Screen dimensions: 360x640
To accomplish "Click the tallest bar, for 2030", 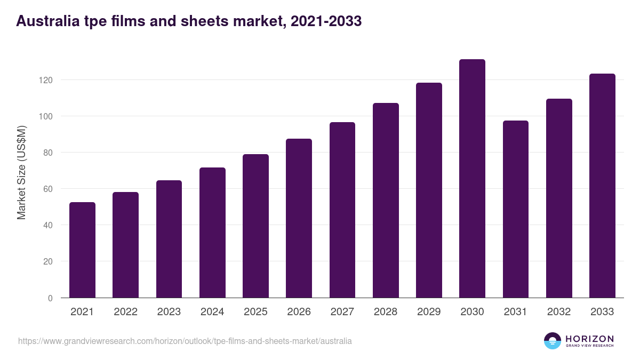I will pyautogui.click(x=472, y=178).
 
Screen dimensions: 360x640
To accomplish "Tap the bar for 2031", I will pyautogui.click(x=515, y=209).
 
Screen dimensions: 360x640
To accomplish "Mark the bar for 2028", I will pyautogui.click(x=386, y=200).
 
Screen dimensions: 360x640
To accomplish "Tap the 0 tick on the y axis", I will pyautogui.click(x=50, y=298).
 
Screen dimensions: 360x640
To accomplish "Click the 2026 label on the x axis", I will pyautogui.click(x=299, y=312).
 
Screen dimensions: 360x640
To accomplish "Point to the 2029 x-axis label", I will pyautogui.click(x=429, y=312).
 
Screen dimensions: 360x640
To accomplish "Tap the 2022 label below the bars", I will pyautogui.click(x=125, y=312).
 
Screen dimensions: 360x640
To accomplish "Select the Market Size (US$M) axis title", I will pyautogui.click(x=21, y=172).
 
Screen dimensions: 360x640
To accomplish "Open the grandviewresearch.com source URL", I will pyautogui.click(x=185, y=341).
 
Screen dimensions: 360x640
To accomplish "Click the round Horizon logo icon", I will pyautogui.click(x=553, y=341).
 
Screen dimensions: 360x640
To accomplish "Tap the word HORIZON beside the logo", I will pyautogui.click(x=589, y=339).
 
